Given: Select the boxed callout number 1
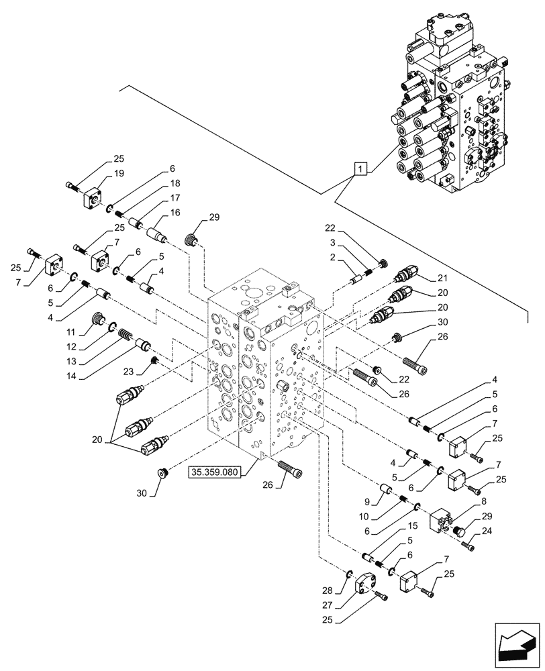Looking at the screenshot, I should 361,168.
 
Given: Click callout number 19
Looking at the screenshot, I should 119,173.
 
